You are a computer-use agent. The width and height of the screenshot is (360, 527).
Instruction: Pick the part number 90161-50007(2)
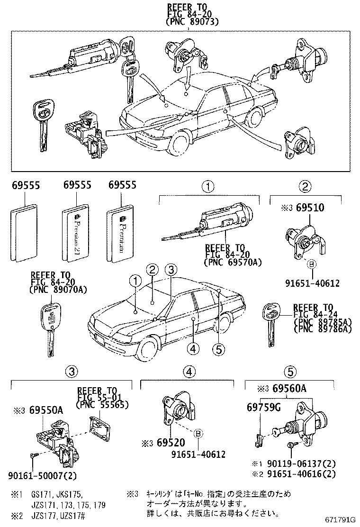point(42,474)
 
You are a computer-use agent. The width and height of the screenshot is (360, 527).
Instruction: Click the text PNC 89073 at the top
point(192,22)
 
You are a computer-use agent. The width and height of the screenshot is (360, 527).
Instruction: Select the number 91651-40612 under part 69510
point(312,283)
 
